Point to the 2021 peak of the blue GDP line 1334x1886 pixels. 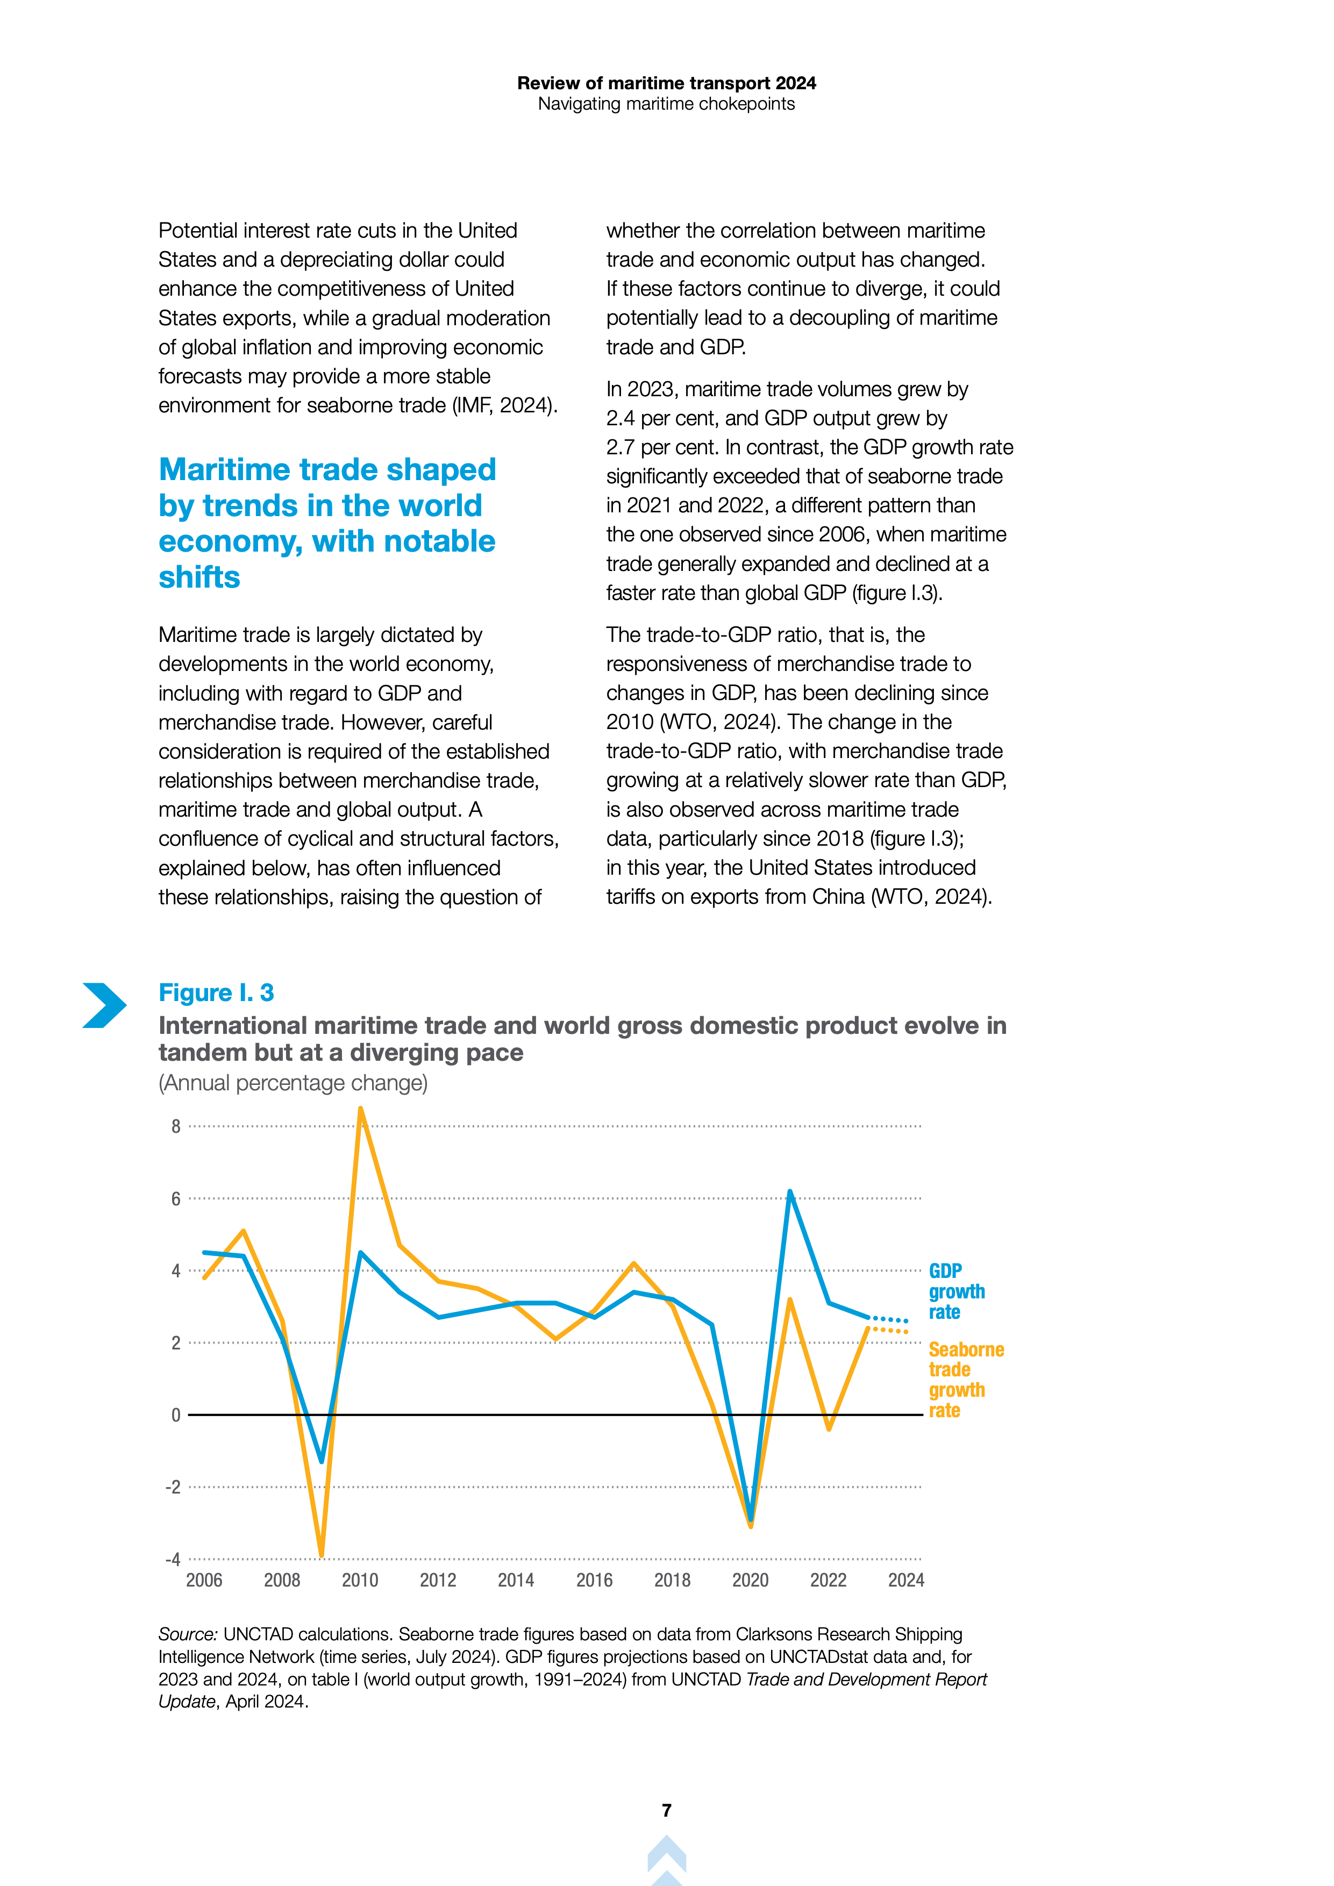coord(789,1192)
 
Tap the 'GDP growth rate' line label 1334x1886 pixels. coord(956,1291)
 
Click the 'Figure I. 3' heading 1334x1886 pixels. coord(216,992)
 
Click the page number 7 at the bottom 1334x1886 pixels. coord(666,1810)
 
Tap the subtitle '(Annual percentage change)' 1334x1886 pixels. coord(293,1083)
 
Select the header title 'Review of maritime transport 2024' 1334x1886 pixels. coord(666,83)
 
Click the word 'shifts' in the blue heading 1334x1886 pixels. coord(199,577)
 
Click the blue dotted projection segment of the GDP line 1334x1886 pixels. coord(889,1319)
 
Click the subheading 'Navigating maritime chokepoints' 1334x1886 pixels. coord(666,104)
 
